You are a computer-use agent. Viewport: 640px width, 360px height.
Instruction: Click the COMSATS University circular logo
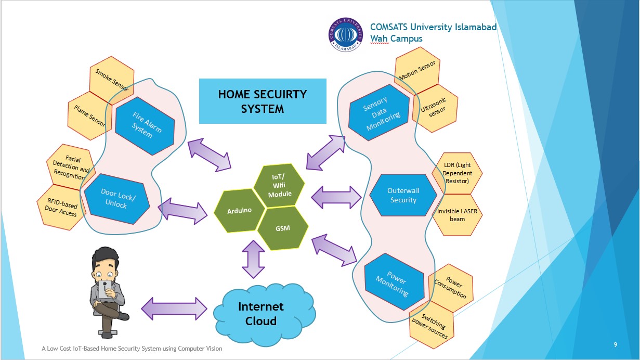(346, 34)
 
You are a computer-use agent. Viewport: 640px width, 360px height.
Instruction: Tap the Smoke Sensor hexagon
(112, 81)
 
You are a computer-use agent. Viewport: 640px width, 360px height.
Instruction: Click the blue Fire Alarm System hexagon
(145, 126)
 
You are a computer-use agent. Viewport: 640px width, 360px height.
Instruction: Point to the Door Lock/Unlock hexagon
(117, 199)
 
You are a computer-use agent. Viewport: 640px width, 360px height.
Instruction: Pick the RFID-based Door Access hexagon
(61, 207)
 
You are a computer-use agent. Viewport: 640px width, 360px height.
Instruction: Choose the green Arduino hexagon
(240, 211)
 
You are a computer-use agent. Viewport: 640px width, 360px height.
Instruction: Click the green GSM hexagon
(283, 228)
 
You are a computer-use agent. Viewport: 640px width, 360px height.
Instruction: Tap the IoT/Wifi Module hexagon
(279, 185)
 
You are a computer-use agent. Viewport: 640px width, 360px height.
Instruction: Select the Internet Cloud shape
(264, 314)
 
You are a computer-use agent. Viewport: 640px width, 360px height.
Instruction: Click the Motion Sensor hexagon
(417, 71)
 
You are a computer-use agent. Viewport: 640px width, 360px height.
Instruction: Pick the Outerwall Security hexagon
(403, 195)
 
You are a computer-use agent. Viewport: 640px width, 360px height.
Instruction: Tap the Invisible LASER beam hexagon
(457, 215)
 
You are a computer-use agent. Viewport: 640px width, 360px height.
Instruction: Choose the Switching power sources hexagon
(432, 325)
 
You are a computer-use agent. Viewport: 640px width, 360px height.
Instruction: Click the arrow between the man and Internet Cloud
(174, 308)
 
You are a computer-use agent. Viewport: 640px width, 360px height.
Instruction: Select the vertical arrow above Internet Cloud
(253, 259)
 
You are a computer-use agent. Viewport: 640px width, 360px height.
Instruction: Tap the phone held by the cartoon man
(105, 289)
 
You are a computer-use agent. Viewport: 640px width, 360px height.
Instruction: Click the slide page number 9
(615, 344)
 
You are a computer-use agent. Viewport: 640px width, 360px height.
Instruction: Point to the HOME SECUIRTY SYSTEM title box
(263, 101)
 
